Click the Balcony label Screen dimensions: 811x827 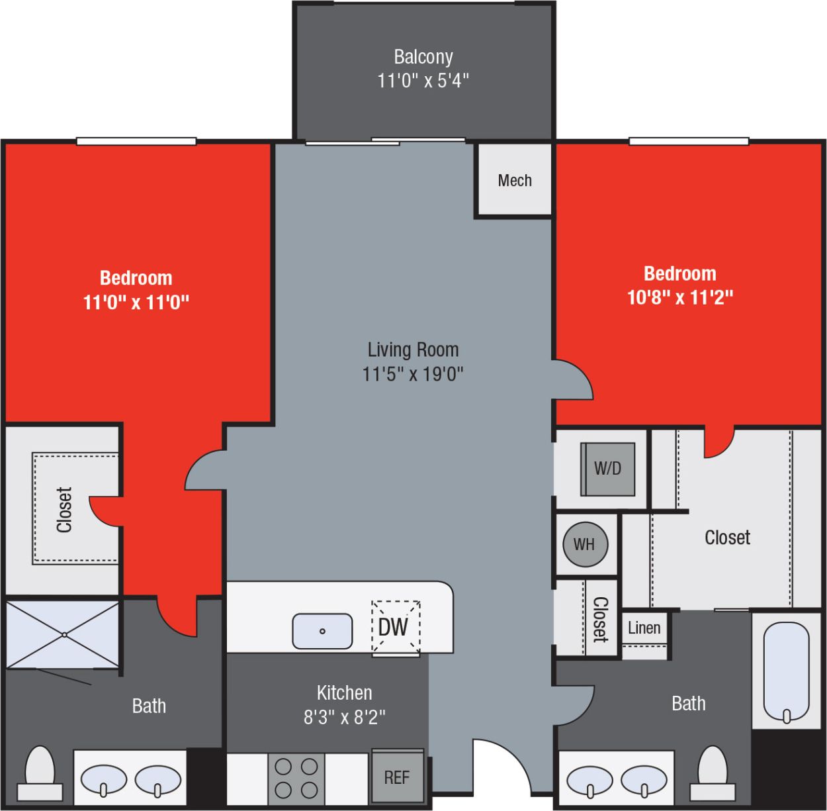[423, 57]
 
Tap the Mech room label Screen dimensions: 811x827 [514, 180]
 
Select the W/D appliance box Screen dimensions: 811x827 [607, 469]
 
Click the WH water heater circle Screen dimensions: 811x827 [584, 544]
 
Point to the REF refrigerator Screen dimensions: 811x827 [397, 777]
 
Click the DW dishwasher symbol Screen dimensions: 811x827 [395, 626]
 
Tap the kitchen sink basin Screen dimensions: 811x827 [322, 631]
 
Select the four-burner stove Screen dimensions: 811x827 [296, 778]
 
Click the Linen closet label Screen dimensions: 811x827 [644, 627]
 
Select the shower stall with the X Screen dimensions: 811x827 [64, 634]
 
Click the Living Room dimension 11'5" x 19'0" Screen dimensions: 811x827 [412, 374]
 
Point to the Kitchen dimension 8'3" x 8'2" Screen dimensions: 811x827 [344, 717]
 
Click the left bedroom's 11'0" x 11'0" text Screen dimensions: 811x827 [136, 303]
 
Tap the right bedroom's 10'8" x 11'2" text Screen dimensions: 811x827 [679, 297]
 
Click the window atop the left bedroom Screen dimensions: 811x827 [136, 141]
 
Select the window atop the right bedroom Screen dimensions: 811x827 [688, 141]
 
